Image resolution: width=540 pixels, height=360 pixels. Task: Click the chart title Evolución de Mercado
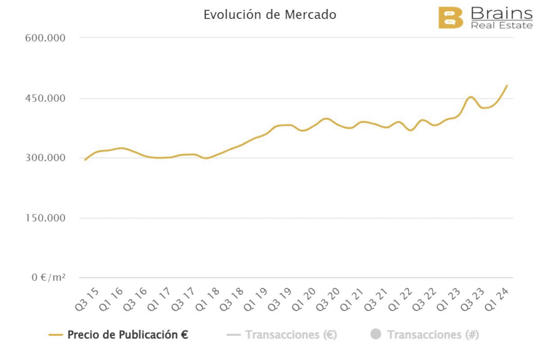(269, 15)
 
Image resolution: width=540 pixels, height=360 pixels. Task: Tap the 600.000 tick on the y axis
(45, 38)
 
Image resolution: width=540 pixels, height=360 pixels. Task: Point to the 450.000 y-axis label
(45, 99)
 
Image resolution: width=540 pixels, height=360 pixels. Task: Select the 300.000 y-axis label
(45, 158)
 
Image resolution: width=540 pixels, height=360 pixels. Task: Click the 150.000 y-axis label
(45, 218)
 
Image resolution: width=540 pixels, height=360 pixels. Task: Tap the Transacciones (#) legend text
(432, 335)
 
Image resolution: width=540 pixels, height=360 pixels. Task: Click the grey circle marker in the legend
(375, 335)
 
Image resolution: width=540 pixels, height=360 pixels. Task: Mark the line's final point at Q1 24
(507, 85)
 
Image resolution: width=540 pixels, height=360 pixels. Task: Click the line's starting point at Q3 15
(85, 160)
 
